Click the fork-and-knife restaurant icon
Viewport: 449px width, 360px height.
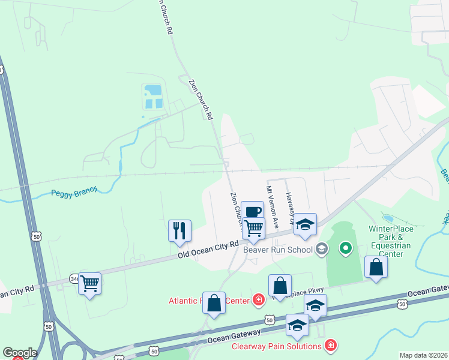179,230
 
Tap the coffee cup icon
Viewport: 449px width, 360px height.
253,211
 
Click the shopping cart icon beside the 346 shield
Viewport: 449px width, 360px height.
90,283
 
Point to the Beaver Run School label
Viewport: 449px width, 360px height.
278,250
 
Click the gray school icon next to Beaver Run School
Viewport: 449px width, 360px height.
322,248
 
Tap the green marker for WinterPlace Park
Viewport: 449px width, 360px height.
346,247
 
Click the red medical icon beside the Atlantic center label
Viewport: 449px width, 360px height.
259,299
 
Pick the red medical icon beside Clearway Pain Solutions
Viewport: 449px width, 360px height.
330,346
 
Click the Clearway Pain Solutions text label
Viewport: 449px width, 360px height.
277,346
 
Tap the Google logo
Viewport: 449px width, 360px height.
20,353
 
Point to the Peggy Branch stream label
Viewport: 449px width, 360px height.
74,191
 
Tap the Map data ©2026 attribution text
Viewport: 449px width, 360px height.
423,355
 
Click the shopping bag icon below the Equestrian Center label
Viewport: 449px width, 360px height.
376,267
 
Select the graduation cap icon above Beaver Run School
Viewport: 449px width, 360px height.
306,224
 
